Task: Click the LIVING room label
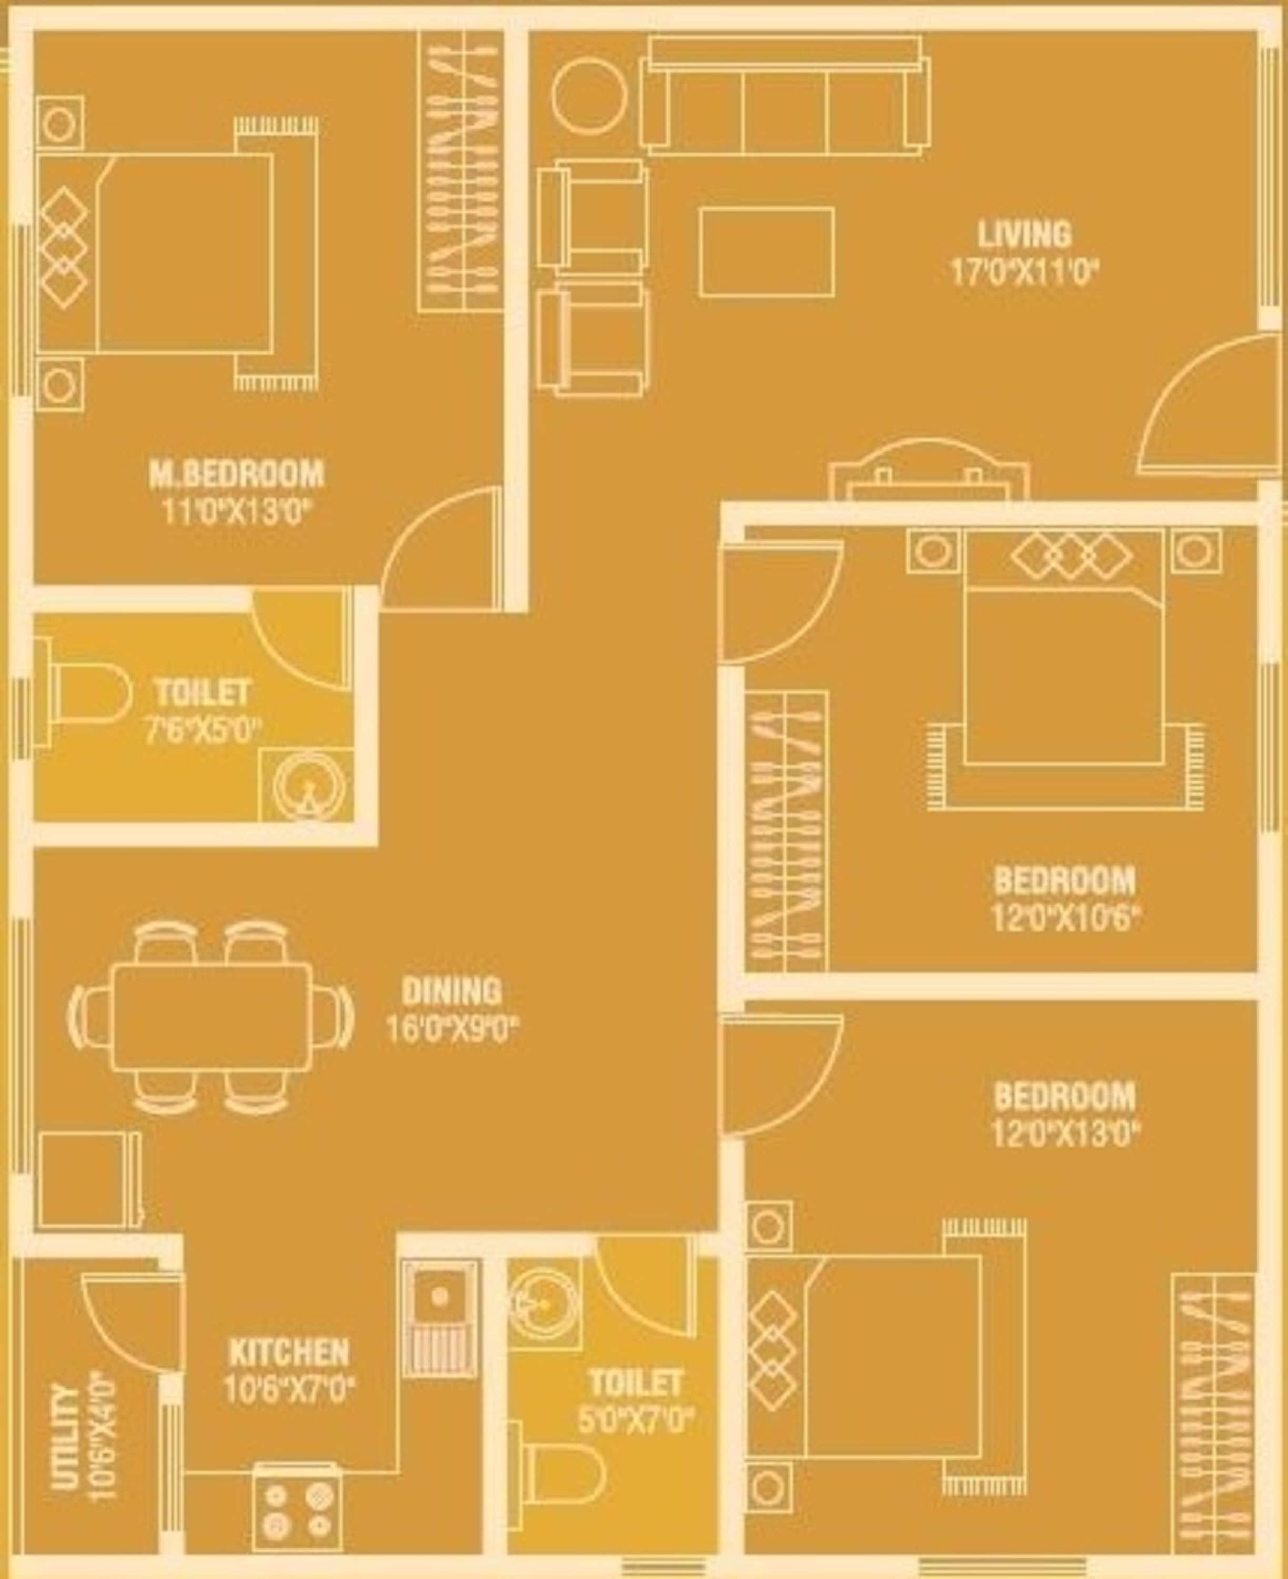point(1024,235)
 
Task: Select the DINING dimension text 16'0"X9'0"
point(451,1030)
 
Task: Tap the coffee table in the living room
point(766,252)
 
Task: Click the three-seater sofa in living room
point(785,96)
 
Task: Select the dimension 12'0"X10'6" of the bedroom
point(1065,921)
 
